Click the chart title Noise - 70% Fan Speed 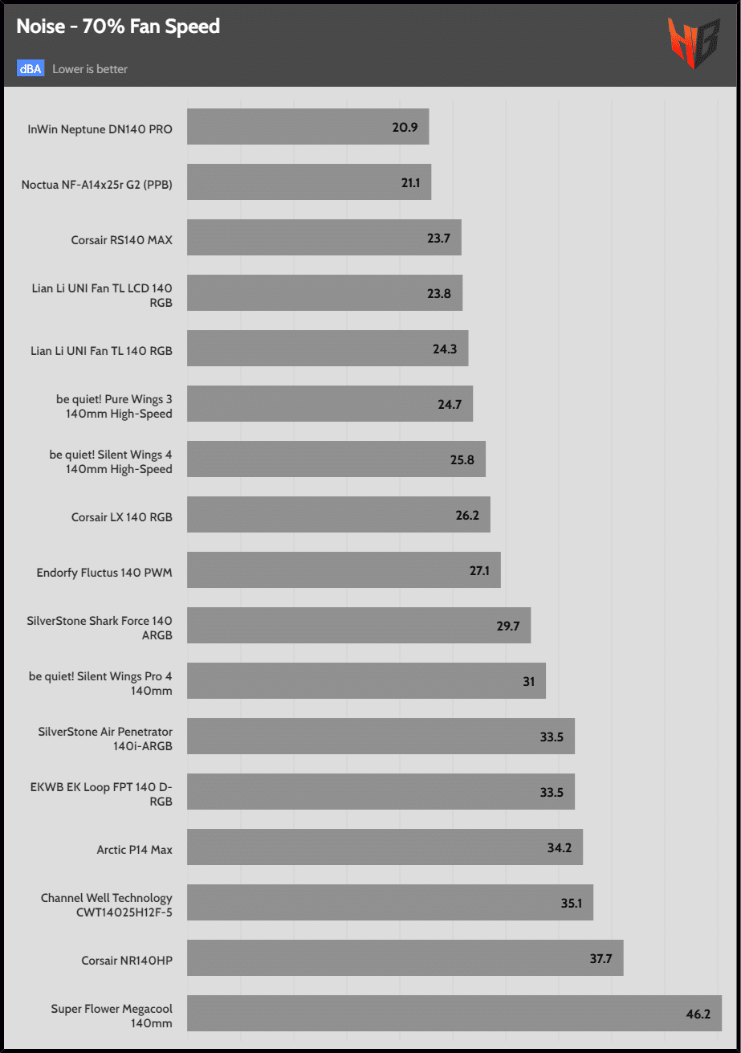118,27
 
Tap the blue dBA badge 30,68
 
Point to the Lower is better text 90,69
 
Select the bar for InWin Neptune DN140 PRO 307,127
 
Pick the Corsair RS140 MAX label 121,239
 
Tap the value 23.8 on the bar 439,293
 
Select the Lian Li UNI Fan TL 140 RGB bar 328,349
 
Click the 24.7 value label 450,404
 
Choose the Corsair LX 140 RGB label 121,516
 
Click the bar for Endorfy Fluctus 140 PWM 344,569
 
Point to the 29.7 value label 508,626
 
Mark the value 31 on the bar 528,681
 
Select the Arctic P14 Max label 134,849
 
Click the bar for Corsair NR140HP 405,958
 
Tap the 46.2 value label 698,1014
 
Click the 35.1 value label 572,903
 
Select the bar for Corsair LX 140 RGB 338,515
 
